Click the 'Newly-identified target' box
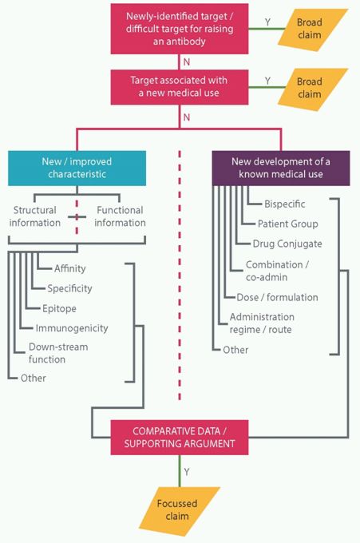click(x=180, y=29)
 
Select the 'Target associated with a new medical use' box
click(x=180, y=87)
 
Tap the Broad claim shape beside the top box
click(x=313, y=29)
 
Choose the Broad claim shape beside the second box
click(x=313, y=89)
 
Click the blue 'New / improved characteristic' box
click(x=77, y=168)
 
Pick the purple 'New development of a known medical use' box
click(x=281, y=168)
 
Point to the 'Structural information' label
click(x=34, y=216)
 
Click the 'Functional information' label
click(x=120, y=216)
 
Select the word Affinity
click(x=70, y=268)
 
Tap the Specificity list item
click(x=69, y=288)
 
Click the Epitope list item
click(x=59, y=308)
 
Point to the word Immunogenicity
click(x=72, y=328)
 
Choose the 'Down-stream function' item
click(x=58, y=353)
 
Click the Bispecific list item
click(x=284, y=204)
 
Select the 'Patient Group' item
click(x=287, y=224)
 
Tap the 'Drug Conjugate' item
click(x=287, y=244)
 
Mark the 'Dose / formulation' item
click(x=277, y=297)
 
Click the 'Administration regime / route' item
click(x=262, y=323)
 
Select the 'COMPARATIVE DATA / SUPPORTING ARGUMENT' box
click(x=180, y=438)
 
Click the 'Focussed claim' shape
click(x=180, y=510)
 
